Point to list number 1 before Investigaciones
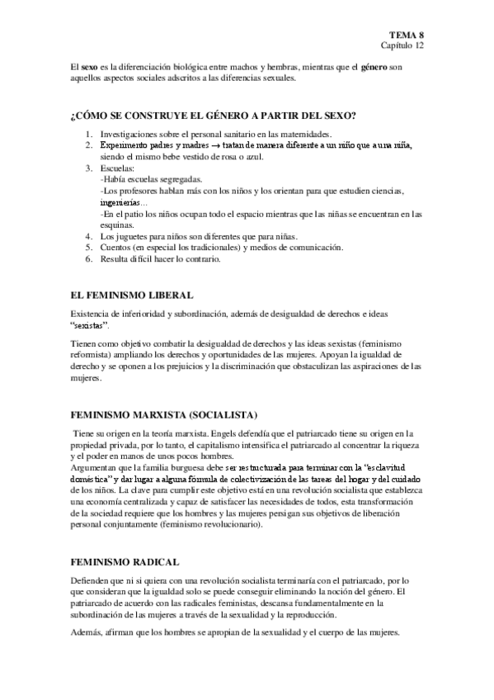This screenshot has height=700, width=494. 89,134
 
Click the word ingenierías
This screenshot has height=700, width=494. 121,202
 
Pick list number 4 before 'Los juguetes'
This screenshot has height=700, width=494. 89,236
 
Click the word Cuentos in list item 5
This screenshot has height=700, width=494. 118,248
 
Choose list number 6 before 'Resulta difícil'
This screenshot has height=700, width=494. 89,260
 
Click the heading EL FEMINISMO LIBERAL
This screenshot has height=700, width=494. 133,295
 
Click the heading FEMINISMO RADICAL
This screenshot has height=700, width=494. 125,561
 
